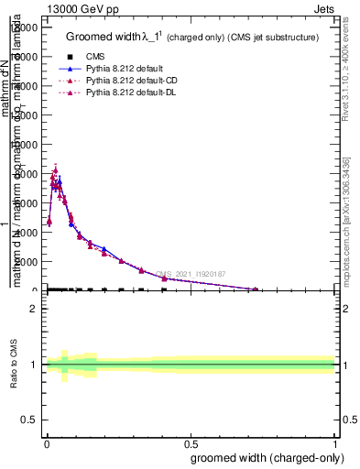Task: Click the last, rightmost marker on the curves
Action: click(x=256, y=289)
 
